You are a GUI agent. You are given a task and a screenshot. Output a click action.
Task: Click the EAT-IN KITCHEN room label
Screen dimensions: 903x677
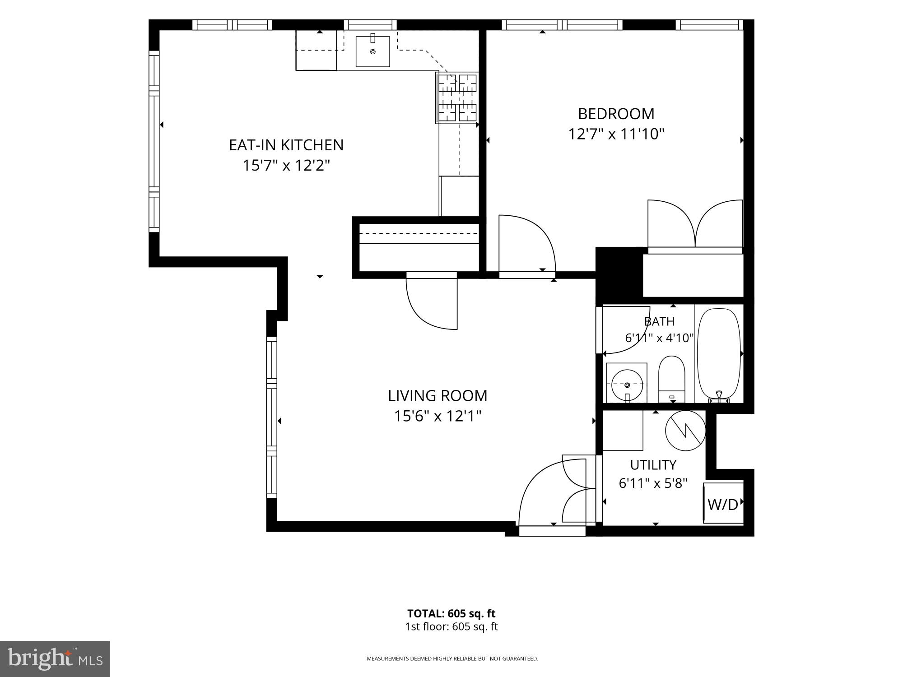[x=286, y=145]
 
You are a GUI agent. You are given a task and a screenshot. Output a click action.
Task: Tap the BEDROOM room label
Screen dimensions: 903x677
[x=616, y=114]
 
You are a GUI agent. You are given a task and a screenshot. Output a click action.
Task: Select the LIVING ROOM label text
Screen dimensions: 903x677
[x=438, y=396]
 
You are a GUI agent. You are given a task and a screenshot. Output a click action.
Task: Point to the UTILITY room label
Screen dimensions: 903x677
[x=653, y=464]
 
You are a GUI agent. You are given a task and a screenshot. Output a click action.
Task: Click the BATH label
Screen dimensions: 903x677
[x=659, y=321]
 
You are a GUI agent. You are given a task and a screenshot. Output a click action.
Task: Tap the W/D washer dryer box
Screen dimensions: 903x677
[x=723, y=504]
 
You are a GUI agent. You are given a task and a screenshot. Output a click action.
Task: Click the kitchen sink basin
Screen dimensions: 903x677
[x=373, y=51]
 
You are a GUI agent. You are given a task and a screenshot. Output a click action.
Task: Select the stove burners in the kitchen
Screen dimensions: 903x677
[x=457, y=97]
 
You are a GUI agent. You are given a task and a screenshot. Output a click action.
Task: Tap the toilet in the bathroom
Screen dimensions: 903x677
[x=671, y=379]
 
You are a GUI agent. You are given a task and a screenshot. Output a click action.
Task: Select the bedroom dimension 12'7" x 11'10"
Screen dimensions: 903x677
[x=616, y=134]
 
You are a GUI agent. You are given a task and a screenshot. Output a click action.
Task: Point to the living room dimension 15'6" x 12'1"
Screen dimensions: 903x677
[x=438, y=416]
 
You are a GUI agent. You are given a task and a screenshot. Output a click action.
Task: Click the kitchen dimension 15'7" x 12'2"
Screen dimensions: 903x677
[x=286, y=166]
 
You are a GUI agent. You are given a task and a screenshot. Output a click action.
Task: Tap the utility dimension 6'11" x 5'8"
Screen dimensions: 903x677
[x=653, y=484]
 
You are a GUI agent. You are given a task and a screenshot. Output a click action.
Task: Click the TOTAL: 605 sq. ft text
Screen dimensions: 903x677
[x=451, y=613]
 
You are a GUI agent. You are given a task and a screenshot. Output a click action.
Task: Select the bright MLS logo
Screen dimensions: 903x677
[x=55, y=658]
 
